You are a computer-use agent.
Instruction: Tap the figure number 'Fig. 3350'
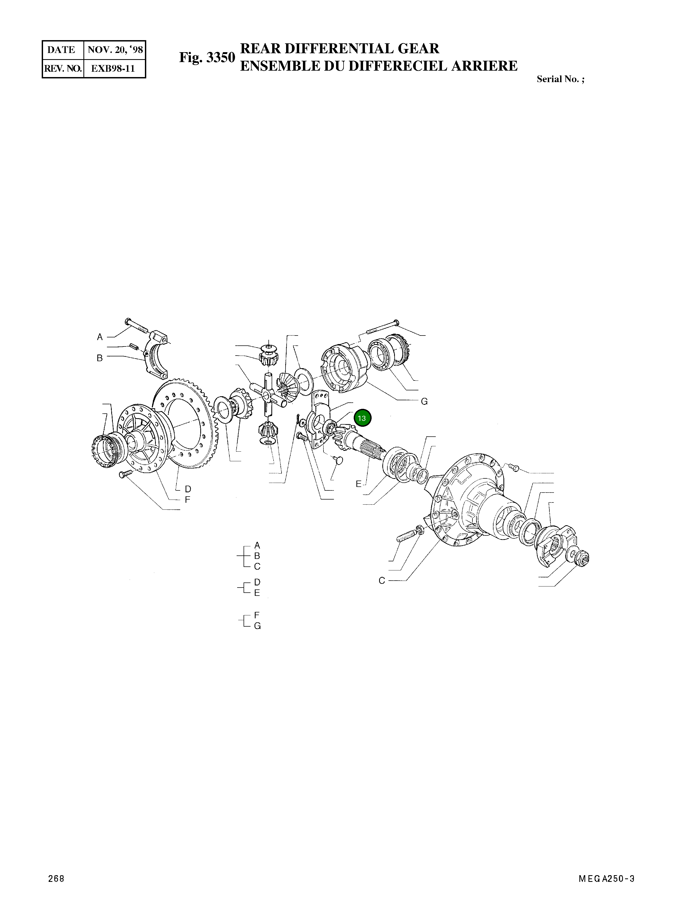coord(207,58)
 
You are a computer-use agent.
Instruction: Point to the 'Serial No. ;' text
coord(560,79)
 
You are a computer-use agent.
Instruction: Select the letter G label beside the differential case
coord(424,402)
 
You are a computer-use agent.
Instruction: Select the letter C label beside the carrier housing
coord(382,581)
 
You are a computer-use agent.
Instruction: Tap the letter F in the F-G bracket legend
coord(257,615)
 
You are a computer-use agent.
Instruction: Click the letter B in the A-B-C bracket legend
coord(257,556)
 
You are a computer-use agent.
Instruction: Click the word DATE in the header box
coord(61,50)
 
